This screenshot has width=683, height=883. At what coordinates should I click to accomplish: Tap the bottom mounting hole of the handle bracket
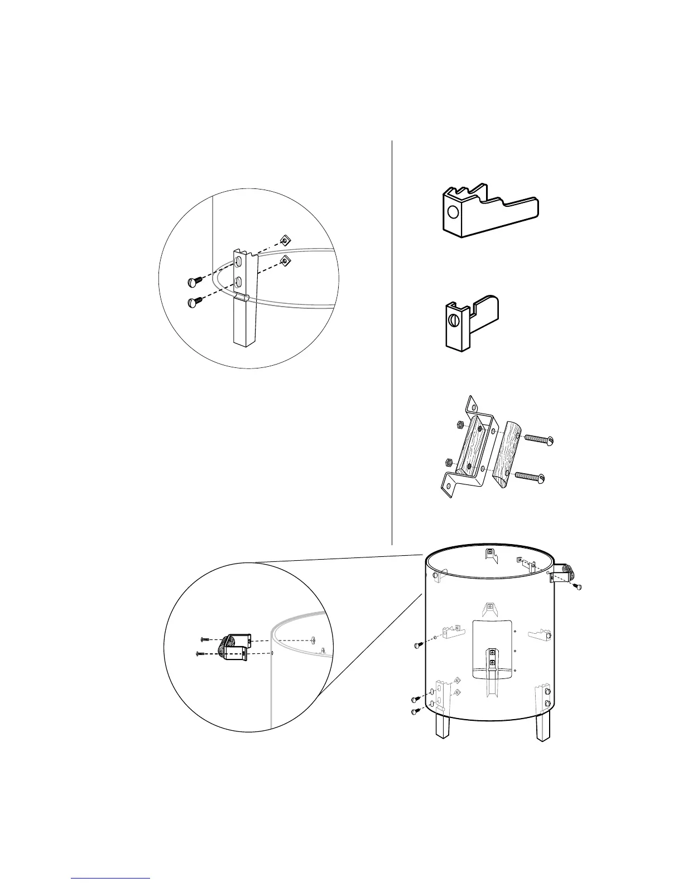click(x=447, y=487)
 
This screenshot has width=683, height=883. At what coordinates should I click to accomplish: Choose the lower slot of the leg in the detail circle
click(x=238, y=282)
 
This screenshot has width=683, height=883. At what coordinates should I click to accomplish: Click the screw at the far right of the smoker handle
click(x=578, y=586)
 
